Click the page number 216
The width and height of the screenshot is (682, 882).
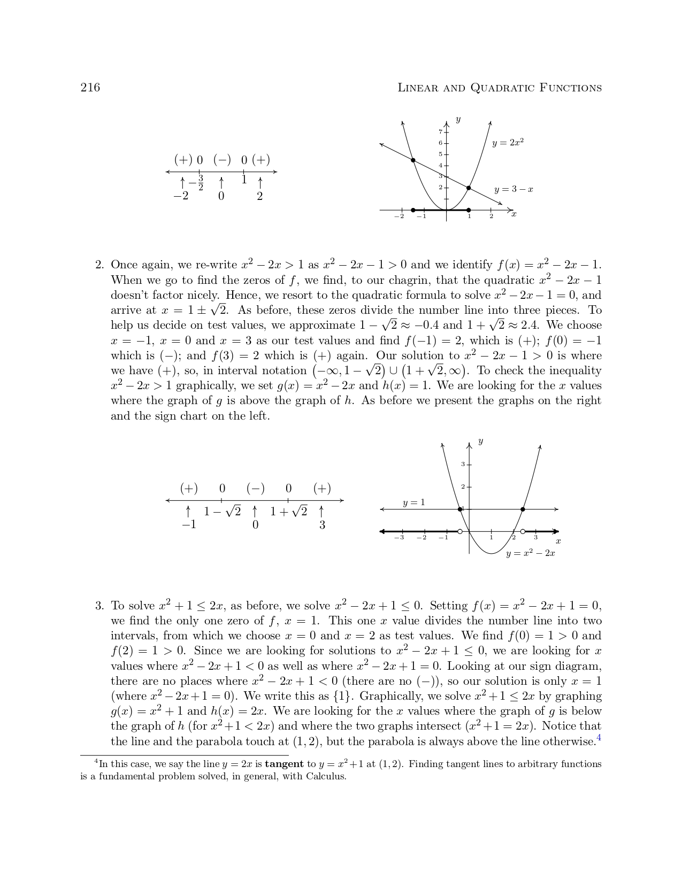(90, 88)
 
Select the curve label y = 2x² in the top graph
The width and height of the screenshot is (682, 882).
(508, 142)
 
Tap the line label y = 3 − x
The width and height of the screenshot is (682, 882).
(514, 189)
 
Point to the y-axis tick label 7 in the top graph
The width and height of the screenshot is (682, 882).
(440, 131)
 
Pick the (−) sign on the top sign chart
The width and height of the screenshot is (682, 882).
(222, 160)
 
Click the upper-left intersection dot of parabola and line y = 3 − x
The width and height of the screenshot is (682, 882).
(413, 160)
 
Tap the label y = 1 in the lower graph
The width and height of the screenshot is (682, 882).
(413, 502)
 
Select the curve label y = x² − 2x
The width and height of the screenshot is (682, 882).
(530, 553)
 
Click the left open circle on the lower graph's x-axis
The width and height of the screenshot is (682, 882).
(460, 531)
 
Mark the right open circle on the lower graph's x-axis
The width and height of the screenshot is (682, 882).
(523, 531)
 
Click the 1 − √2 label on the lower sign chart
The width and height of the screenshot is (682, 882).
(222, 512)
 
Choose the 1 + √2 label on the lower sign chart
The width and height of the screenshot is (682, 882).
(288, 512)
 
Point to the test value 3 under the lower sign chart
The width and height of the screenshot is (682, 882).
(322, 525)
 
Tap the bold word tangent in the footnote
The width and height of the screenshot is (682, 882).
(284, 764)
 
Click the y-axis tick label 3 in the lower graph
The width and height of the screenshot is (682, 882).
(463, 464)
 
